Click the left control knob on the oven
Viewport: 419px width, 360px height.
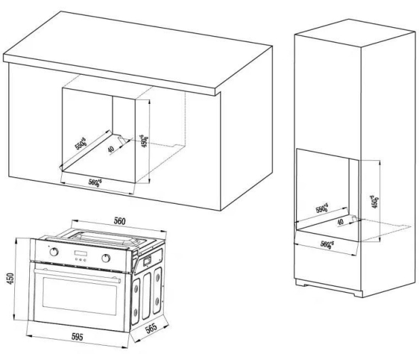point(54,251)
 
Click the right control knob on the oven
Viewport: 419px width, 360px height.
point(106,258)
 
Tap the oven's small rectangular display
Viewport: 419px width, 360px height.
point(80,253)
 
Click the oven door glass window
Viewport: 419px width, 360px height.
point(79,296)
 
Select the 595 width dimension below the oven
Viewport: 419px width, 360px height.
point(77,337)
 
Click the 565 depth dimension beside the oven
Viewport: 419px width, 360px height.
point(151,329)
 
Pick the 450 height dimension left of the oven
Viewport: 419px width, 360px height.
point(10,278)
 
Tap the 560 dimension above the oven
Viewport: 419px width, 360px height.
point(120,221)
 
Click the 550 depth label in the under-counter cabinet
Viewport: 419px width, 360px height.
point(80,143)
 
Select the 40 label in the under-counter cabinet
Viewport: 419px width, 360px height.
point(111,149)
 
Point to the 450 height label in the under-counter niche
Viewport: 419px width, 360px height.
point(144,141)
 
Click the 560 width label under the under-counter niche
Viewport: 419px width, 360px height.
point(95,182)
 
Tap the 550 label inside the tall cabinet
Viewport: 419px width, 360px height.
point(322,208)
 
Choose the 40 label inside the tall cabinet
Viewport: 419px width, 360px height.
point(340,221)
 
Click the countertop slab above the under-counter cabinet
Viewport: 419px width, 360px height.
point(138,53)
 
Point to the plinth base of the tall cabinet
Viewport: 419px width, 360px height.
point(329,288)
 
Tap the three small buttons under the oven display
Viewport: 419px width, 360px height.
point(80,259)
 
